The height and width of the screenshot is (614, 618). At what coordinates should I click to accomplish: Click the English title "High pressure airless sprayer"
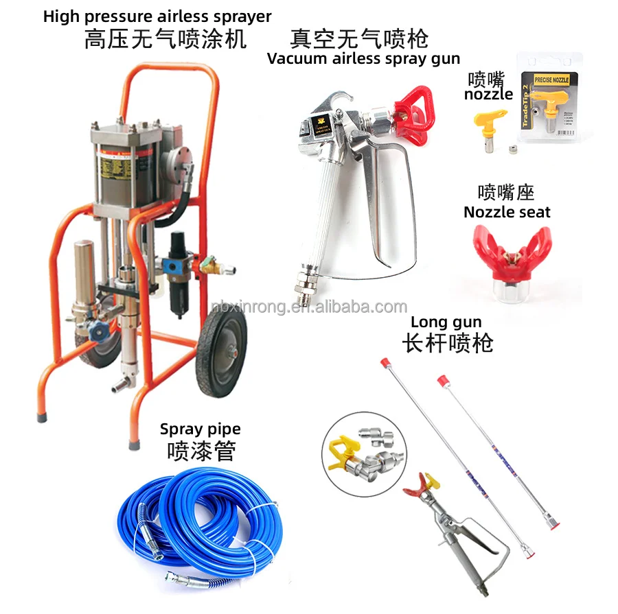[x=157, y=16]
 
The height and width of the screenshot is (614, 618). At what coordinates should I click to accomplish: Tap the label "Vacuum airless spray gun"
[x=363, y=58]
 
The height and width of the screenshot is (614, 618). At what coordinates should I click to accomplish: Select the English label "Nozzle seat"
[x=507, y=212]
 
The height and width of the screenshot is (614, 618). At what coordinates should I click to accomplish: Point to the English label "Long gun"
[x=446, y=322]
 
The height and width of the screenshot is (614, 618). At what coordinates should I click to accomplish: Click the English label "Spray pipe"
[x=200, y=429]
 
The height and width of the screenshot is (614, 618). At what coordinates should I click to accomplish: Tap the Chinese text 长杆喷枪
[x=447, y=342]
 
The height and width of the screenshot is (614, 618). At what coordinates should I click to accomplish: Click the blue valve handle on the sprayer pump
[x=101, y=329]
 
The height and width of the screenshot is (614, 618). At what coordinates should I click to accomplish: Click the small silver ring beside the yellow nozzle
[x=512, y=149]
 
